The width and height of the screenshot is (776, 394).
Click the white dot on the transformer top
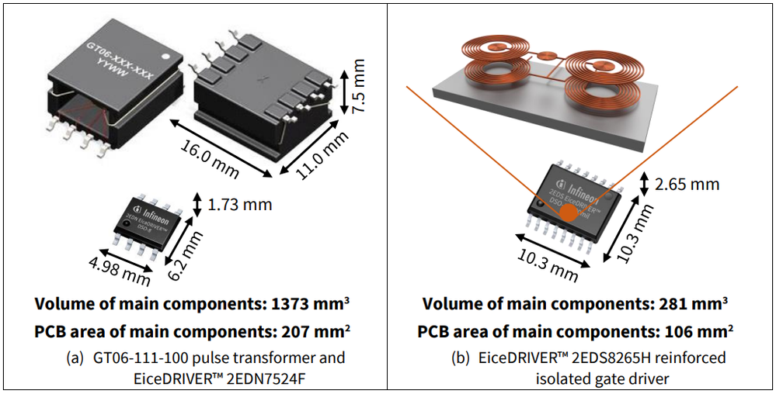(x=165, y=57)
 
